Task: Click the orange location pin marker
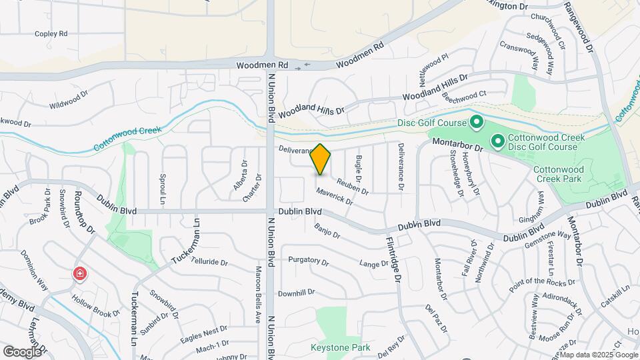click(321, 159)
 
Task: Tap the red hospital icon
click(79, 273)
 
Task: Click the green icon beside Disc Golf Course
click(477, 123)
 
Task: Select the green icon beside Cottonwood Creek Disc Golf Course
click(497, 141)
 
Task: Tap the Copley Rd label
click(51, 33)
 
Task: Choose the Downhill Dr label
click(296, 293)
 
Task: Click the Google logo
click(23, 351)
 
